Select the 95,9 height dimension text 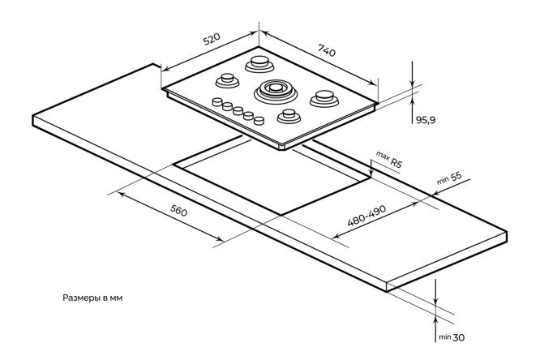point(426,120)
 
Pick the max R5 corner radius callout point(389,160)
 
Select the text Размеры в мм point(92,298)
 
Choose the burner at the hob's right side point(325,98)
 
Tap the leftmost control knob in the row point(217,101)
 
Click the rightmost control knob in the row point(259,121)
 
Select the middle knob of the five point(238,110)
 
